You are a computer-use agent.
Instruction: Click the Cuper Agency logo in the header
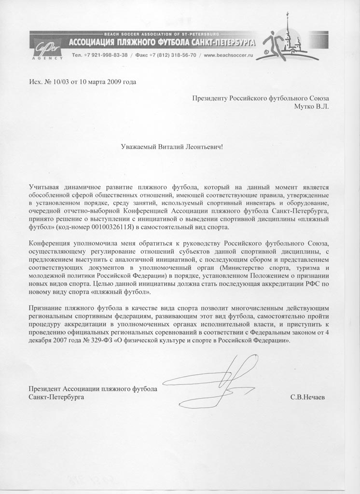click(47, 48)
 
